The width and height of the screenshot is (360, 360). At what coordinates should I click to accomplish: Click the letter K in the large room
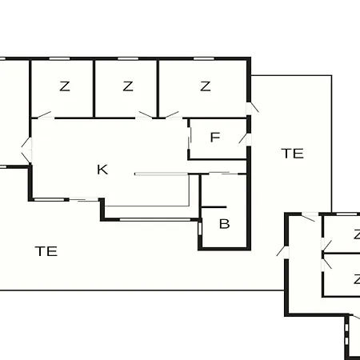(x=102, y=170)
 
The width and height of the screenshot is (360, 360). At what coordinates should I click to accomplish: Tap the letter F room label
(x=215, y=137)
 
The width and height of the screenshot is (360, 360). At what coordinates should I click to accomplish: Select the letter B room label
(x=224, y=224)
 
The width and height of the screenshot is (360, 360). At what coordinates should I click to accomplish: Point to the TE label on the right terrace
(x=292, y=154)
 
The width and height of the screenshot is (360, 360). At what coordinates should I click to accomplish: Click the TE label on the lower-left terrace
(x=46, y=251)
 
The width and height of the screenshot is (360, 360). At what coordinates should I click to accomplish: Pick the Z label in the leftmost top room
(x=65, y=86)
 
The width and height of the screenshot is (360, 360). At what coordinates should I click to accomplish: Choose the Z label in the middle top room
(x=128, y=86)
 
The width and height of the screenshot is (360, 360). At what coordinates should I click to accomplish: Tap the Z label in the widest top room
(x=206, y=86)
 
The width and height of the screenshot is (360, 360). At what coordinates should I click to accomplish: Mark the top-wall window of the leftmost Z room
(x=59, y=58)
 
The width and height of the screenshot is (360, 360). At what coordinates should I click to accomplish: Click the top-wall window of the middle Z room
(x=128, y=58)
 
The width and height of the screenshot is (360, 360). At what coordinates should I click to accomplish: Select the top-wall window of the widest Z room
(x=204, y=58)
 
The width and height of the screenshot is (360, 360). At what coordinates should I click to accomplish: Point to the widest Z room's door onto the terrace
(x=252, y=107)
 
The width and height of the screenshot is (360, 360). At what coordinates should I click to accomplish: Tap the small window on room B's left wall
(x=200, y=229)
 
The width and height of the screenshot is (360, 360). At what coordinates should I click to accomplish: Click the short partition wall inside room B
(x=214, y=207)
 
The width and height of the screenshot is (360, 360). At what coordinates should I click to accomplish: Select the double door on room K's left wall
(x=26, y=150)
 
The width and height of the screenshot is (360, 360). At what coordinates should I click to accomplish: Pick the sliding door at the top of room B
(x=223, y=174)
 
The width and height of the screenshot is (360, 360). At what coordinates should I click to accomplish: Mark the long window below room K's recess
(x=155, y=220)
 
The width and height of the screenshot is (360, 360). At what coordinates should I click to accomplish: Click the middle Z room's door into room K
(x=146, y=115)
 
